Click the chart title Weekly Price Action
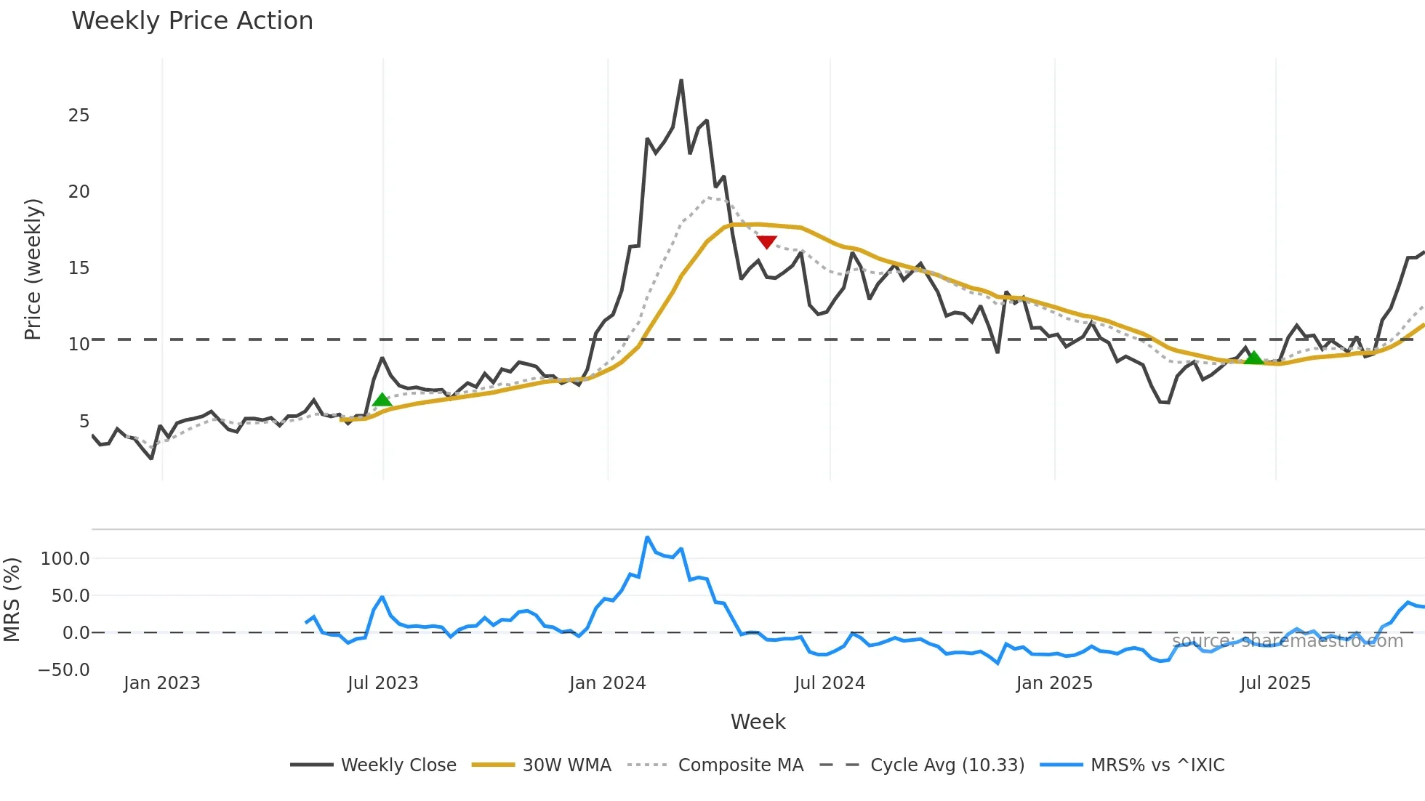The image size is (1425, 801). point(192,21)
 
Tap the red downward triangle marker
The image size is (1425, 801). point(766,241)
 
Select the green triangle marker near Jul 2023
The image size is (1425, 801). point(382,400)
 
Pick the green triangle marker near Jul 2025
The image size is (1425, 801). point(1253,358)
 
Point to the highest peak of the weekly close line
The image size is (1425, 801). point(681,81)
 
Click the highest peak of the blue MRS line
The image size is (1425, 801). point(647,538)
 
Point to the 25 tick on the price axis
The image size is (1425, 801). point(79,116)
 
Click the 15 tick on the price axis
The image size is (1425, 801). point(79,268)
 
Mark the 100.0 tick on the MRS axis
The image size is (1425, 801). point(65,559)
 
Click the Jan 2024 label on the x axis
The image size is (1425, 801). point(607,683)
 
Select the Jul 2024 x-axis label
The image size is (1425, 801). point(830,683)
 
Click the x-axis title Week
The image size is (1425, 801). point(758,722)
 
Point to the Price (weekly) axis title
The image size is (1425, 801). point(33,269)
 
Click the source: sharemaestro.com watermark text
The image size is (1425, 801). point(1287,641)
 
